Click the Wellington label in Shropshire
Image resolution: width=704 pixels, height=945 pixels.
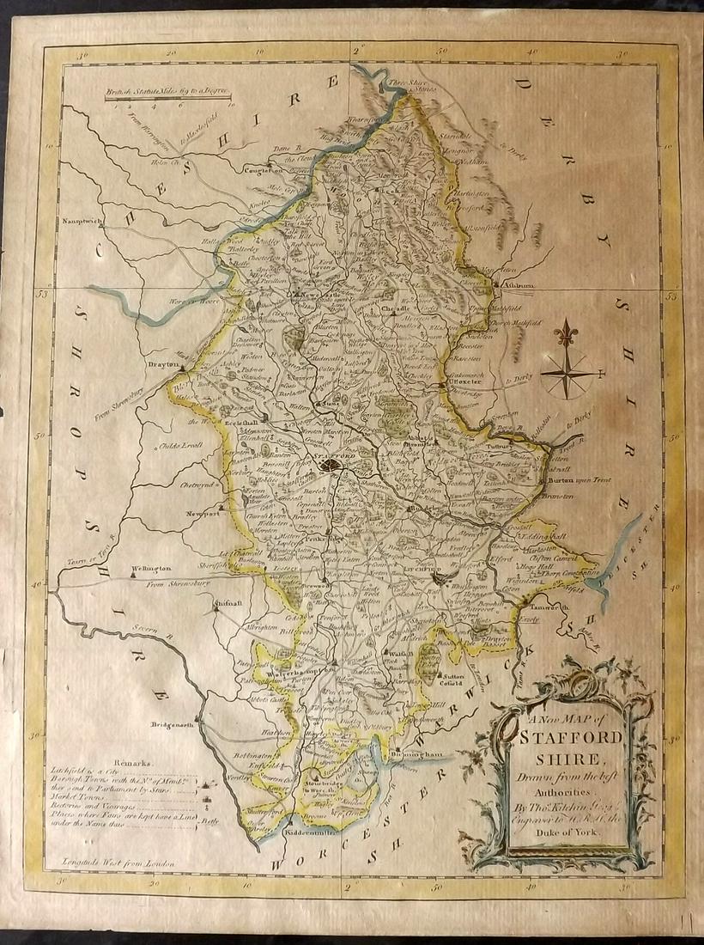pyautogui.click(x=153, y=569)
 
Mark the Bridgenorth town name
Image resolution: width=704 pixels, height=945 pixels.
pyautogui.click(x=169, y=724)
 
